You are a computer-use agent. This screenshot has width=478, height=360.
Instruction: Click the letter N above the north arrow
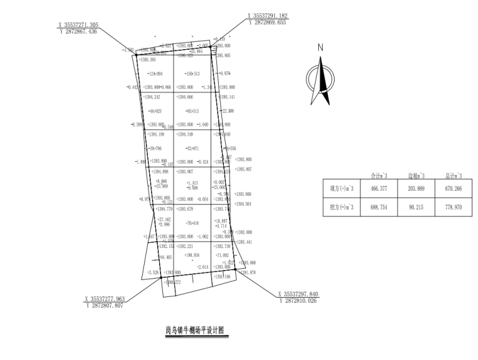tap(320, 47)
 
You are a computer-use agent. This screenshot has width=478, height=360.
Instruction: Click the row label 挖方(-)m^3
tap(342, 207)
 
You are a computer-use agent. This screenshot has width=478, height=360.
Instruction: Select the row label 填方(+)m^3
tap(342, 188)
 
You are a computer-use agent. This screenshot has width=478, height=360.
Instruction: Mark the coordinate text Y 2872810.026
tap(298, 300)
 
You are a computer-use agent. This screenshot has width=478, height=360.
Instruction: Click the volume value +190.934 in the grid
tap(192, 255)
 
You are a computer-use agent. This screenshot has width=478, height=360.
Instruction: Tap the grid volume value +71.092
tap(221, 256)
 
